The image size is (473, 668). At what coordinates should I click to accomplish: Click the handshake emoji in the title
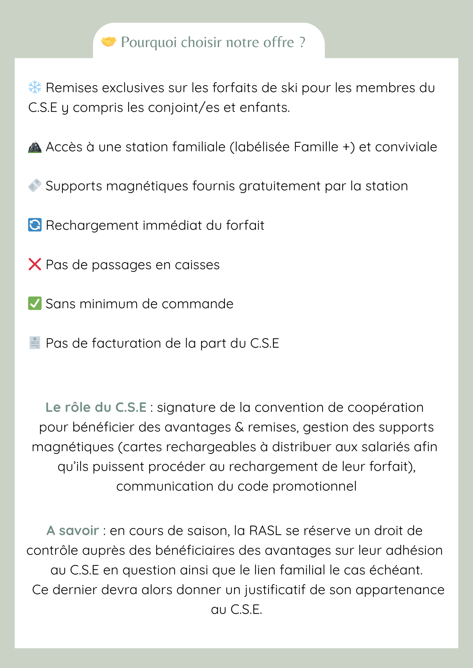point(109,42)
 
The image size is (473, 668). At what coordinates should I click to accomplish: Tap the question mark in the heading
point(302,42)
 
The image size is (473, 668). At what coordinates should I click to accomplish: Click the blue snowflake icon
point(35,88)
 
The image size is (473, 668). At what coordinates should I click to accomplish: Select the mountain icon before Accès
point(35,147)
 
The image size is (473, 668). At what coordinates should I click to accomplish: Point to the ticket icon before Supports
point(35,186)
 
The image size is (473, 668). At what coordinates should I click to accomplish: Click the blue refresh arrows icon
point(35,225)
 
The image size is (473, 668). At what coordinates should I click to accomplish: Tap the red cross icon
point(35,265)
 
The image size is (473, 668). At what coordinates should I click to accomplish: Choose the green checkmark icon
point(35,304)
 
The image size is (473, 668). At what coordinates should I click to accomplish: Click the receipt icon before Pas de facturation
point(35,343)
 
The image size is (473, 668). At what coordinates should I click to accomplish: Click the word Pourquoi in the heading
point(149,42)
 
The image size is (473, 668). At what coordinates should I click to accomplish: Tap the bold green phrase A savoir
point(73,531)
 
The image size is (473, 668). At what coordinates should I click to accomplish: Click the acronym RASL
point(265,531)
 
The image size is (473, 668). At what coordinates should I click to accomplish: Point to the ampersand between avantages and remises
point(239,428)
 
